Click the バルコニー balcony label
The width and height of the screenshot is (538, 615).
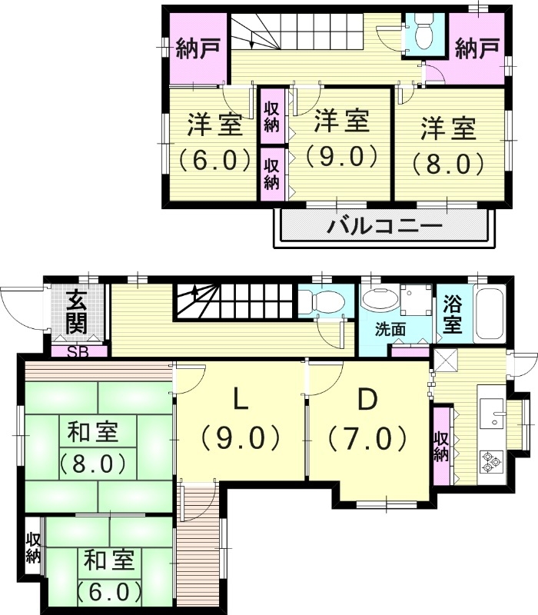[385, 227]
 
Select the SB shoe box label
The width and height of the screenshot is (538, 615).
[77, 352]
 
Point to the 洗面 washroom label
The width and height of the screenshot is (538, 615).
[390, 330]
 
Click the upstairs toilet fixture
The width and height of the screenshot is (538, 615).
[423, 33]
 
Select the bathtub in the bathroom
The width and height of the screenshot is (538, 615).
[490, 313]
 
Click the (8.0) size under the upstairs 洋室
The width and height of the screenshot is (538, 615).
[447, 163]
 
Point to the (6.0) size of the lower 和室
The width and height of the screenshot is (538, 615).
[109, 592]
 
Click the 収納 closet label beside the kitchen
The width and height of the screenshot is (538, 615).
[440, 446]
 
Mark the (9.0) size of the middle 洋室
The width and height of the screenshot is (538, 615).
[341, 156]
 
